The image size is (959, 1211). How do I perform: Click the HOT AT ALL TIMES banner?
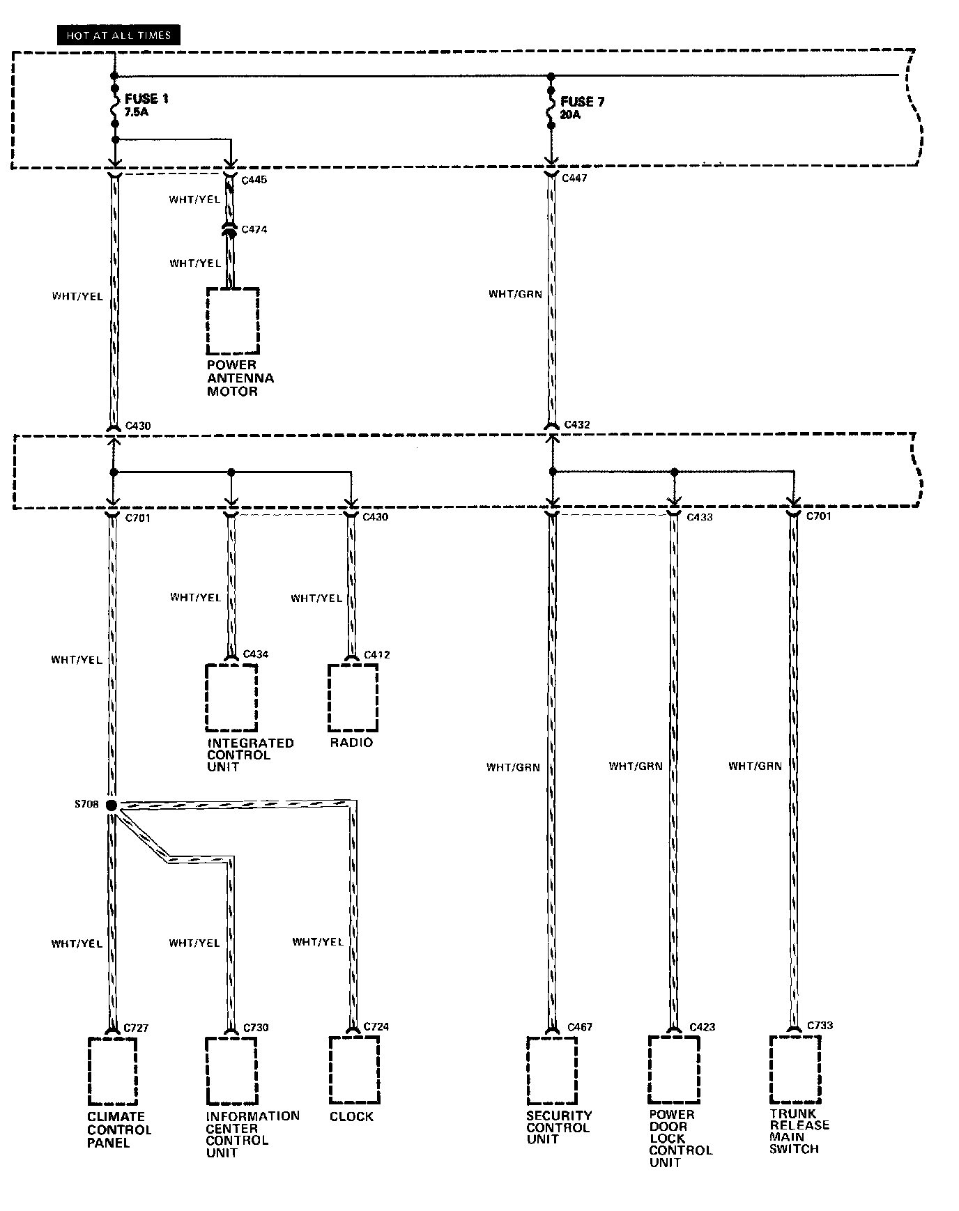click(x=118, y=35)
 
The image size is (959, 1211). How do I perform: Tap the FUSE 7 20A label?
click(x=581, y=107)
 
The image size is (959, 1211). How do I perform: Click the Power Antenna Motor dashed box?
click(x=233, y=321)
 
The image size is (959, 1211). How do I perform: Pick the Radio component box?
click(x=353, y=697)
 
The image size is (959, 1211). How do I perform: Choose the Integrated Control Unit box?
click(x=231, y=697)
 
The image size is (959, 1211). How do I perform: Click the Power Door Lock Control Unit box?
click(x=673, y=1067)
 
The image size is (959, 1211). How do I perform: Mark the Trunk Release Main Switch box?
click(x=795, y=1067)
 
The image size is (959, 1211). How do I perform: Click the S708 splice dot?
click(x=112, y=805)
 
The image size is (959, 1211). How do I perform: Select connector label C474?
click(x=254, y=229)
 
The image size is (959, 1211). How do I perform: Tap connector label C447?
click(x=574, y=178)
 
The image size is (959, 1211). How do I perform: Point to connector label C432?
click(x=577, y=424)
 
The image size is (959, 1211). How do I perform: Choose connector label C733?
click(x=820, y=1025)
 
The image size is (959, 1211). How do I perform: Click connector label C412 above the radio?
click(x=377, y=654)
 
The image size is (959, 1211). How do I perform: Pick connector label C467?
click(x=580, y=1026)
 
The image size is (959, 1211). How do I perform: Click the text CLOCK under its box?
click(x=351, y=1116)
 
